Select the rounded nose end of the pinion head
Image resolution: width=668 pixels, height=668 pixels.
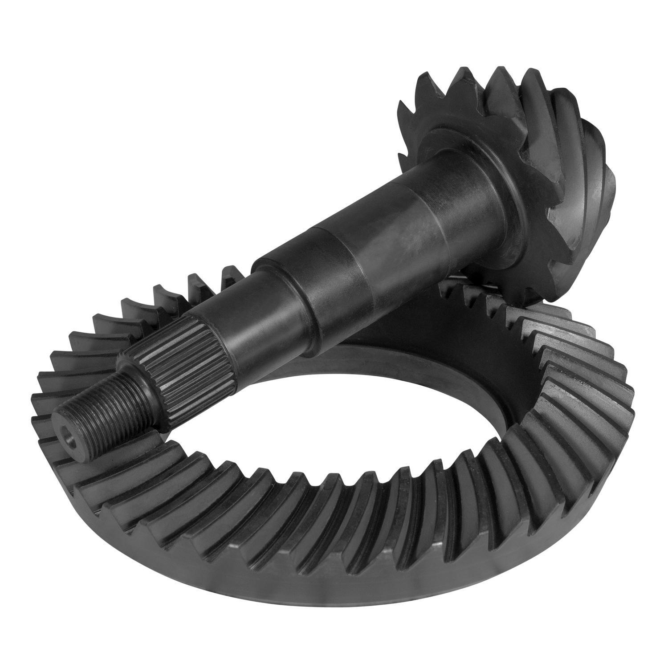pos(597,174)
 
